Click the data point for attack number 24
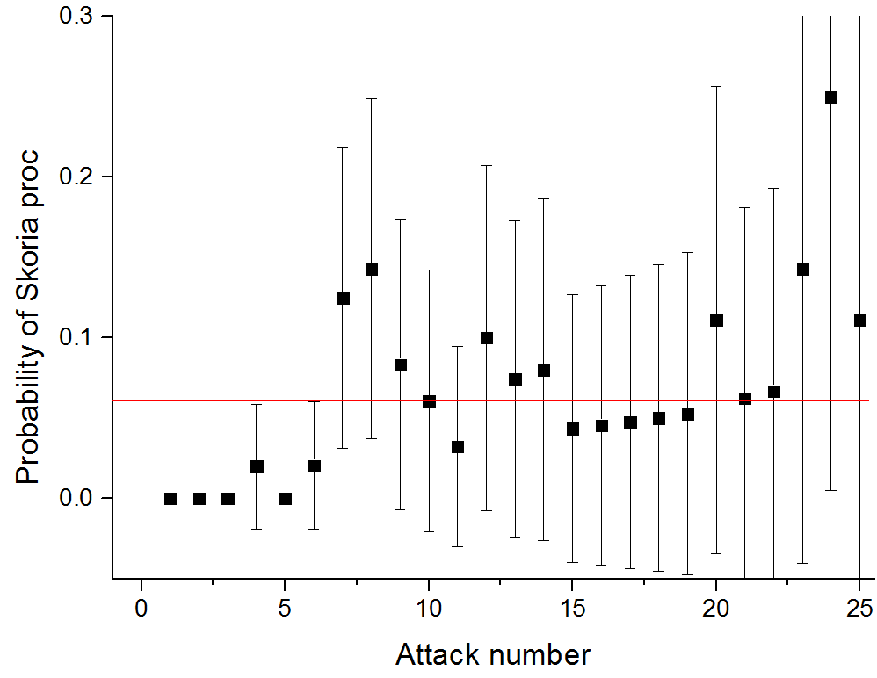point(830,97)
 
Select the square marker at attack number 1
point(170,498)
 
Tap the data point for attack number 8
point(371,270)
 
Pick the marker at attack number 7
point(343,299)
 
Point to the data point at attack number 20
point(716,321)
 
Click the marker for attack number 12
point(486,338)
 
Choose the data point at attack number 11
point(457,447)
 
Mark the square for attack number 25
point(859,321)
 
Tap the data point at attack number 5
point(285,498)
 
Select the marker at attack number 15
point(572,429)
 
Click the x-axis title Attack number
point(492,654)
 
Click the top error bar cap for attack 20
point(716,86)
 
